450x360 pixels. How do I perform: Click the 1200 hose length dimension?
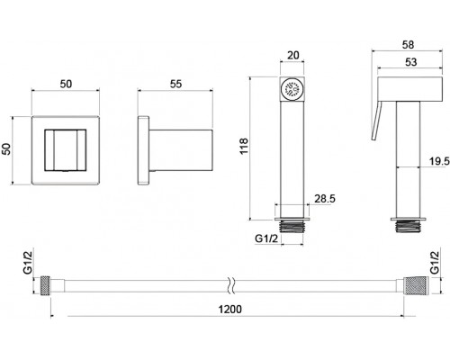(x=229, y=309)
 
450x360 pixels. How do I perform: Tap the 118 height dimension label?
(x=244, y=146)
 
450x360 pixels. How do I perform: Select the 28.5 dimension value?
(x=325, y=199)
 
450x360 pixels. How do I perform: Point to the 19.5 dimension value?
(x=439, y=161)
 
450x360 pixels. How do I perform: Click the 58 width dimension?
(x=408, y=45)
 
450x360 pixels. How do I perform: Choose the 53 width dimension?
(x=410, y=62)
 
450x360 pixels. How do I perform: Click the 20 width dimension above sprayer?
(x=293, y=55)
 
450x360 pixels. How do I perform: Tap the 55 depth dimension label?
(x=175, y=84)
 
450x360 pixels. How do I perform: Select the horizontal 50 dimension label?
(x=66, y=84)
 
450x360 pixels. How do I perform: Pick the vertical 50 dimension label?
(x=6, y=149)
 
